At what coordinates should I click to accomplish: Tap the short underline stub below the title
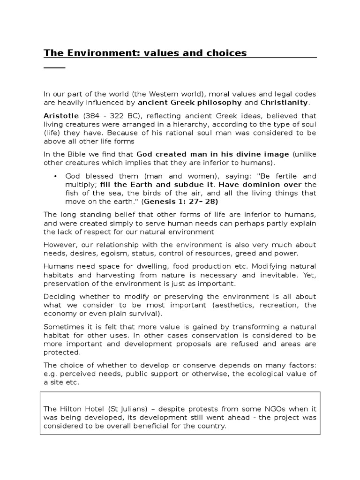tap(54, 68)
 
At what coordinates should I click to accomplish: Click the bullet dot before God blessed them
tap(56, 176)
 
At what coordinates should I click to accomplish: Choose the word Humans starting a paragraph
tap(58, 266)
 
